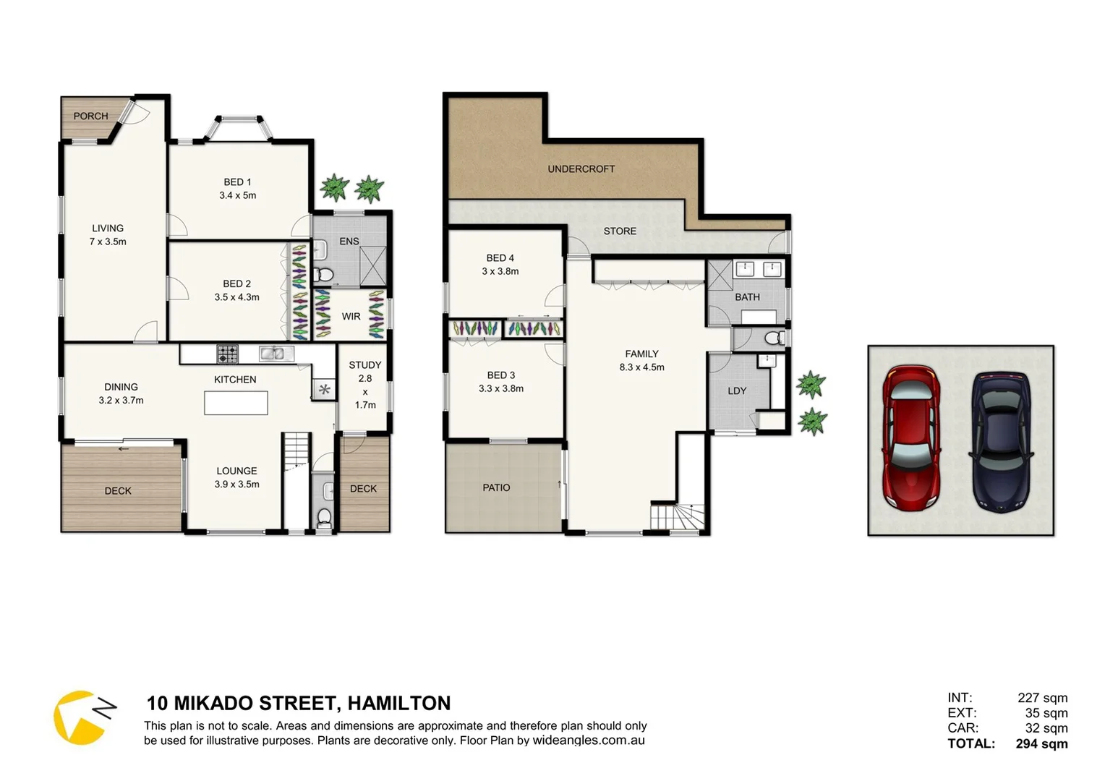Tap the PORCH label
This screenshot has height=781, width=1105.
(90, 116)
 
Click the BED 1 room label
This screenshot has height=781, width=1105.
(237, 182)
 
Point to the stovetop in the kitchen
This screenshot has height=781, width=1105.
(227, 354)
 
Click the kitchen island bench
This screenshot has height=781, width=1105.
(236, 403)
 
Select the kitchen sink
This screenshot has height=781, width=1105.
(276, 354)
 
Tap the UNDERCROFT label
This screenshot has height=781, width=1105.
(581, 169)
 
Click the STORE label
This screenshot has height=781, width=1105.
(620, 231)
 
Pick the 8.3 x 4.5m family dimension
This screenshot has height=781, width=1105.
(641, 367)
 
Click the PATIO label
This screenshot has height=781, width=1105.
(496, 488)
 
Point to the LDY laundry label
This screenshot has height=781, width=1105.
(737, 391)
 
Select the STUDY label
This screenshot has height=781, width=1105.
(364, 365)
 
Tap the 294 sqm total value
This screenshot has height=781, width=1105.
(1041, 743)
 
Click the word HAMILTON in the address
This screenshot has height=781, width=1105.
(398, 704)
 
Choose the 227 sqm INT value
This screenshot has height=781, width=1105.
(1042, 698)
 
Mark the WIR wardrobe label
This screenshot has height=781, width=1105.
(351, 317)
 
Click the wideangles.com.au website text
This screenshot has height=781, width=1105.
(589, 741)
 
